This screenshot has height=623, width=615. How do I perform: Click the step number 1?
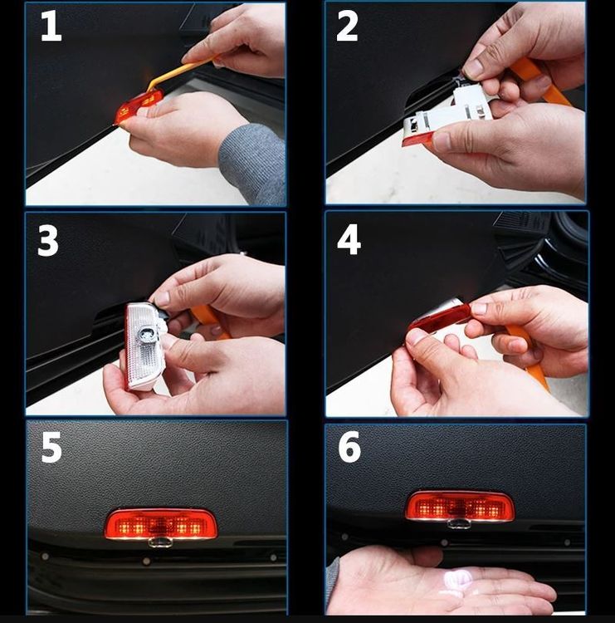click(51, 26)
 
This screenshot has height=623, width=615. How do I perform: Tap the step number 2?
click(347, 26)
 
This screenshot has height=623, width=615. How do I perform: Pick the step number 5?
click(51, 448)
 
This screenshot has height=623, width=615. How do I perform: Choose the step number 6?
click(349, 447)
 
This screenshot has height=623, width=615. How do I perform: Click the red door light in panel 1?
click(138, 106)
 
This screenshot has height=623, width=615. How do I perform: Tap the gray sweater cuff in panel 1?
click(252, 163)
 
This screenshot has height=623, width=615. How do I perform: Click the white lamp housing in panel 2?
click(449, 113)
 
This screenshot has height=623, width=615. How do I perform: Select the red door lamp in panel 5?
click(161, 524)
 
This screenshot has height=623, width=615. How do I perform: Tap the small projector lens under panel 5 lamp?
click(160, 542)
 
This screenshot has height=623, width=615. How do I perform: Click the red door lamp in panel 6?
click(460, 506)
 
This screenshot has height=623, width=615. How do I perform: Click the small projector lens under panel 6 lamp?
click(459, 524)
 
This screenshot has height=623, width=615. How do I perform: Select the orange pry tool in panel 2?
click(540, 81)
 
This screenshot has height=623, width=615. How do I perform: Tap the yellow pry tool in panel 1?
click(181, 73)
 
